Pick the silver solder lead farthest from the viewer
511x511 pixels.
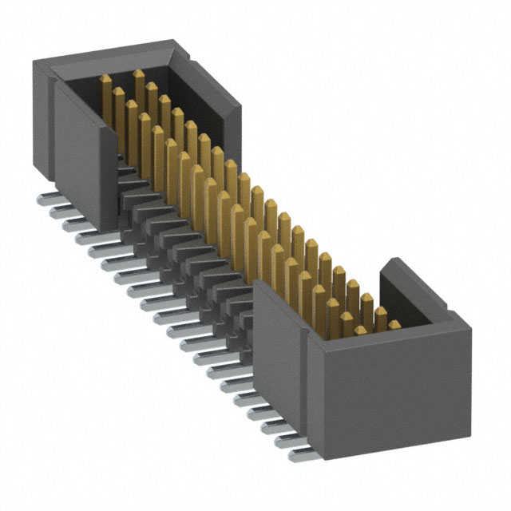[44, 195]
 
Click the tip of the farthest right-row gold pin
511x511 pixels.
[139, 73]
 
